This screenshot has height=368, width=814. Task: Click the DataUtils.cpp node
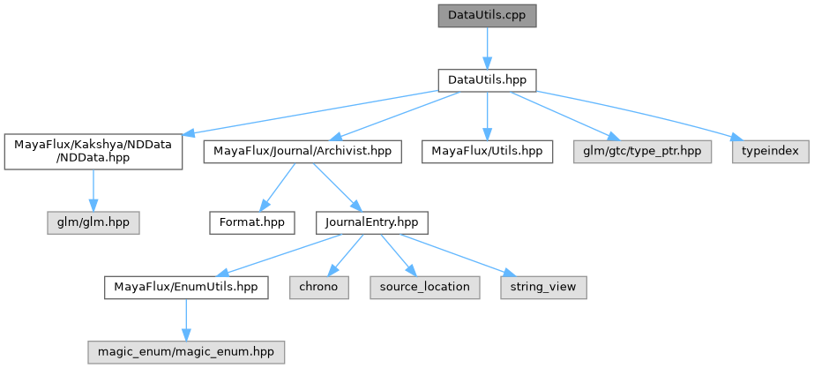coord(487,16)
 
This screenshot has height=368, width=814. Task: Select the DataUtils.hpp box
coord(487,79)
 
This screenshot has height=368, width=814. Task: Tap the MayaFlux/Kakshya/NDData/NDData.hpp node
coord(93,152)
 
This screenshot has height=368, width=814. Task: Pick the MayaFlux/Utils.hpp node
coord(487,152)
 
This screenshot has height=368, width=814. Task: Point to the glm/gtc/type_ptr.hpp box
coord(642,152)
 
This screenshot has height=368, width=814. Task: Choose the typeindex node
coord(770,152)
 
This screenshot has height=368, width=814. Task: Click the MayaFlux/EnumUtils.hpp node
coord(185,287)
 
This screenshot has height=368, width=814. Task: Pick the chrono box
coord(318,287)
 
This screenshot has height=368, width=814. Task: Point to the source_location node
coord(425,287)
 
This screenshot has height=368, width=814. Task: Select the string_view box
coord(543,287)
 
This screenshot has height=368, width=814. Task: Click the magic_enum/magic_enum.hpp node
coord(185,351)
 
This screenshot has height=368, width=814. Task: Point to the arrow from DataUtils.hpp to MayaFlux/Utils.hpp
coord(487,115)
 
